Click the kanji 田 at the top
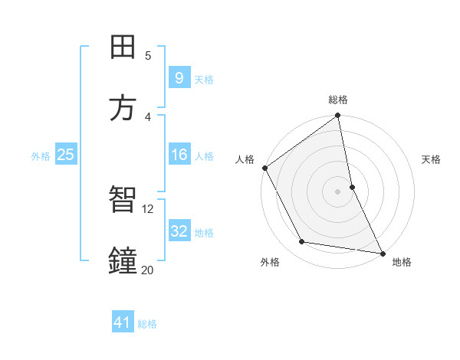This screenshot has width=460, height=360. (x=123, y=47)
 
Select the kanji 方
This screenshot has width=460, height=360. (x=123, y=109)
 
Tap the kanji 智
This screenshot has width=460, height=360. (x=123, y=200)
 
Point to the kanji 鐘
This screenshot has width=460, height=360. (x=123, y=261)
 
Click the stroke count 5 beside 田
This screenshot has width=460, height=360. (x=148, y=55)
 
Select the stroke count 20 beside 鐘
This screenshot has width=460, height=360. (x=148, y=270)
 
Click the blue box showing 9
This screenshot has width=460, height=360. (x=179, y=78)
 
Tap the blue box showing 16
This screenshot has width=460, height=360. (x=179, y=155)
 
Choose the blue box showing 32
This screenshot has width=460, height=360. (x=179, y=231)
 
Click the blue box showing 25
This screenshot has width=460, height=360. (x=65, y=155)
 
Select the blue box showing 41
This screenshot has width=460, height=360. (x=123, y=323)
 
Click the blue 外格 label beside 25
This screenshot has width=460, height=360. (x=41, y=155)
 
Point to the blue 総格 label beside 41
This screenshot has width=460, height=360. (x=147, y=324)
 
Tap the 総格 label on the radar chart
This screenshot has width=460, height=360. (x=338, y=100)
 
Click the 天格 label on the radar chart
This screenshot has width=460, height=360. (x=432, y=159)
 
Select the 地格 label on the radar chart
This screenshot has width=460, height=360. (x=402, y=262)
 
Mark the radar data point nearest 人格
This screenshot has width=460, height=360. (x=265, y=168)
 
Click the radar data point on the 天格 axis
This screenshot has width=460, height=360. (x=352, y=187)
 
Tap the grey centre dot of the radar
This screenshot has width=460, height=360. (x=338, y=191)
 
